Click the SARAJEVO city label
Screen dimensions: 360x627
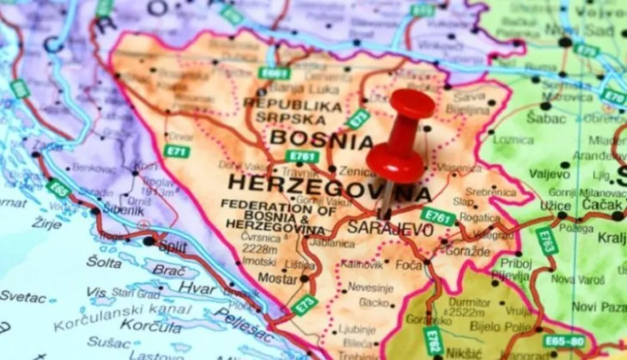[388, 229]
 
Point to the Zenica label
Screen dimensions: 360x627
[357, 172]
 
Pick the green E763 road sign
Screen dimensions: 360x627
[546, 241]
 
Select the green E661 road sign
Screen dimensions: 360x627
[275, 72]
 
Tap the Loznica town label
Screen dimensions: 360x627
[514, 138]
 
